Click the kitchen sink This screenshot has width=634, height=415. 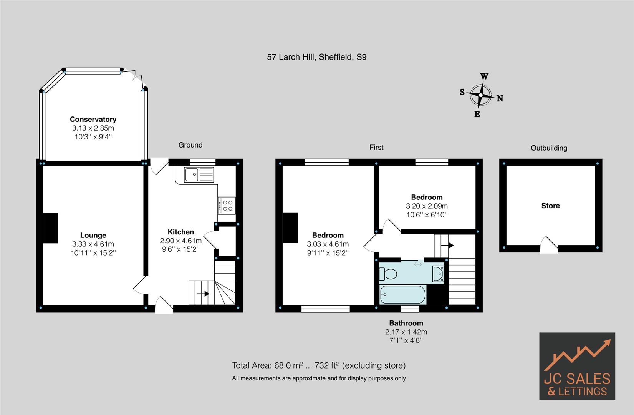pyautogui.click(x=199, y=174)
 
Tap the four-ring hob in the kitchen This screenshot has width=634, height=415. pyautogui.click(x=227, y=205)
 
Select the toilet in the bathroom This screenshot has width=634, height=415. pyautogui.click(x=388, y=274)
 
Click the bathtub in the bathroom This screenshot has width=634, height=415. pyautogui.click(x=402, y=295)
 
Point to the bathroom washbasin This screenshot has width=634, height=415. pyautogui.click(x=438, y=274)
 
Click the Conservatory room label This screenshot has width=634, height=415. pyautogui.click(x=93, y=119)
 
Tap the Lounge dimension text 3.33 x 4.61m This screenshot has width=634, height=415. pyautogui.click(x=93, y=244)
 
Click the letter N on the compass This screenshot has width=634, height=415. pyautogui.click(x=500, y=98)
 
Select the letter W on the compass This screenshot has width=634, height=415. pyautogui.click(x=484, y=76)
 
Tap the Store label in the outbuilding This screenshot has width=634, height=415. pyautogui.click(x=550, y=206)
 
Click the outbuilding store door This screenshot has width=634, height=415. pyautogui.click(x=549, y=245)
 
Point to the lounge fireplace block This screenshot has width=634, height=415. pyautogui.click(x=50, y=228)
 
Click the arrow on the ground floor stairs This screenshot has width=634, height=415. pyautogui.click(x=202, y=294)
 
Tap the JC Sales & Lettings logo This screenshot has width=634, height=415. pyautogui.click(x=577, y=366)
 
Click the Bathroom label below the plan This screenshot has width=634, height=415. pyautogui.click(x=406, y=323)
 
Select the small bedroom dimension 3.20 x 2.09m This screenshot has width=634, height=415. pyautogui.click(x=427, y=206)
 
